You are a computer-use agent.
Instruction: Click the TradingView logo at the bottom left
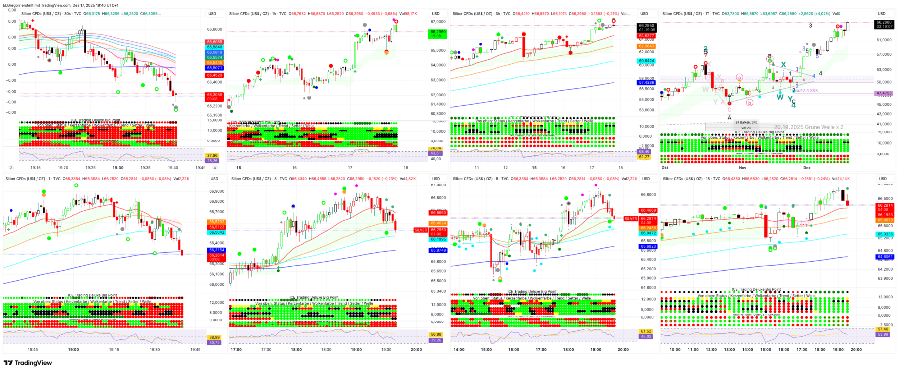[28, 363]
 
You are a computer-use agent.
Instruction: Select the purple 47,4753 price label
[884, 93]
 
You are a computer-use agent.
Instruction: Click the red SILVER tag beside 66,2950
[421, 230]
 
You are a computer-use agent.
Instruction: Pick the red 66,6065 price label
[215, 42]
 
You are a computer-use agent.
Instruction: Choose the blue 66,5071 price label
[215, 68]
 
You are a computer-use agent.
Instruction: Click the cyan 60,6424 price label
[647, 61]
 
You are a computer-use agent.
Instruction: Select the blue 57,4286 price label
[647, 83]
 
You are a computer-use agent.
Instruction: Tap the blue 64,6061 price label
[885, 257]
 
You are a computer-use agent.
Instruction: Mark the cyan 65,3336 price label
[885, 234]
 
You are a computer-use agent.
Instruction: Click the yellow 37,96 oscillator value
[212, 156]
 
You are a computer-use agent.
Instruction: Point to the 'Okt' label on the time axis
[665, 168]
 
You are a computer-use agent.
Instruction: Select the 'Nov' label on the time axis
[742, 168]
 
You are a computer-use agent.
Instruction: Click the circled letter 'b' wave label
[749, 103]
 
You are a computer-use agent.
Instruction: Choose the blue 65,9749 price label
[438, 251]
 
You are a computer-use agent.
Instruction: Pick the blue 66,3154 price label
[216, 250]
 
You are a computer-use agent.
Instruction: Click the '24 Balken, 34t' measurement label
[746, 123]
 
